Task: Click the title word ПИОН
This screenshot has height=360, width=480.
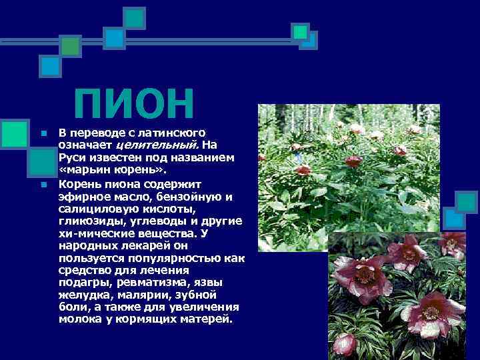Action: point(134,105)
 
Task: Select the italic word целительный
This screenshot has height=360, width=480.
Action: point(157,144)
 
